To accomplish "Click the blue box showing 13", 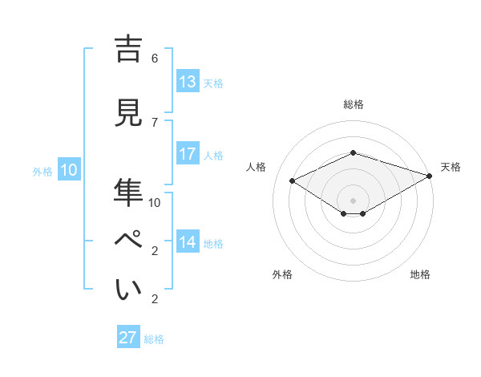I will point(188,82).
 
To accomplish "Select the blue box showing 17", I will point(188,154).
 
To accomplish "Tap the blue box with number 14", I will point(188,242).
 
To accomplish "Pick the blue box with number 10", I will point(69,170).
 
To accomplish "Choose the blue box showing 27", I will point(128,338).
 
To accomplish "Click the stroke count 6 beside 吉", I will point(155,59).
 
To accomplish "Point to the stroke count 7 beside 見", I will point(155,122).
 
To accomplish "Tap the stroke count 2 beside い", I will point(155,299).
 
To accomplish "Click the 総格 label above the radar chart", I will point(353,104).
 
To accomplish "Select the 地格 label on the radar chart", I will point(420,274).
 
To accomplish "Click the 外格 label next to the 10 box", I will point(42,171).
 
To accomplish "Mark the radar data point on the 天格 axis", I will point(430,176).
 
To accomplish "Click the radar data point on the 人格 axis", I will point(292,181).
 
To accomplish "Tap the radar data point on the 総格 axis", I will point(353,152).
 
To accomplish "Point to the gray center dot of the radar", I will point(353,200).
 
